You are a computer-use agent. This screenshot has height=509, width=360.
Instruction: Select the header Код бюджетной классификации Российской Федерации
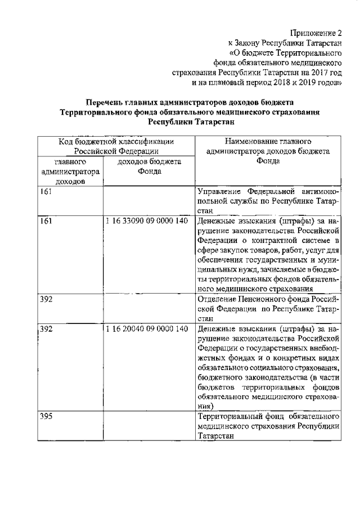116,146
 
